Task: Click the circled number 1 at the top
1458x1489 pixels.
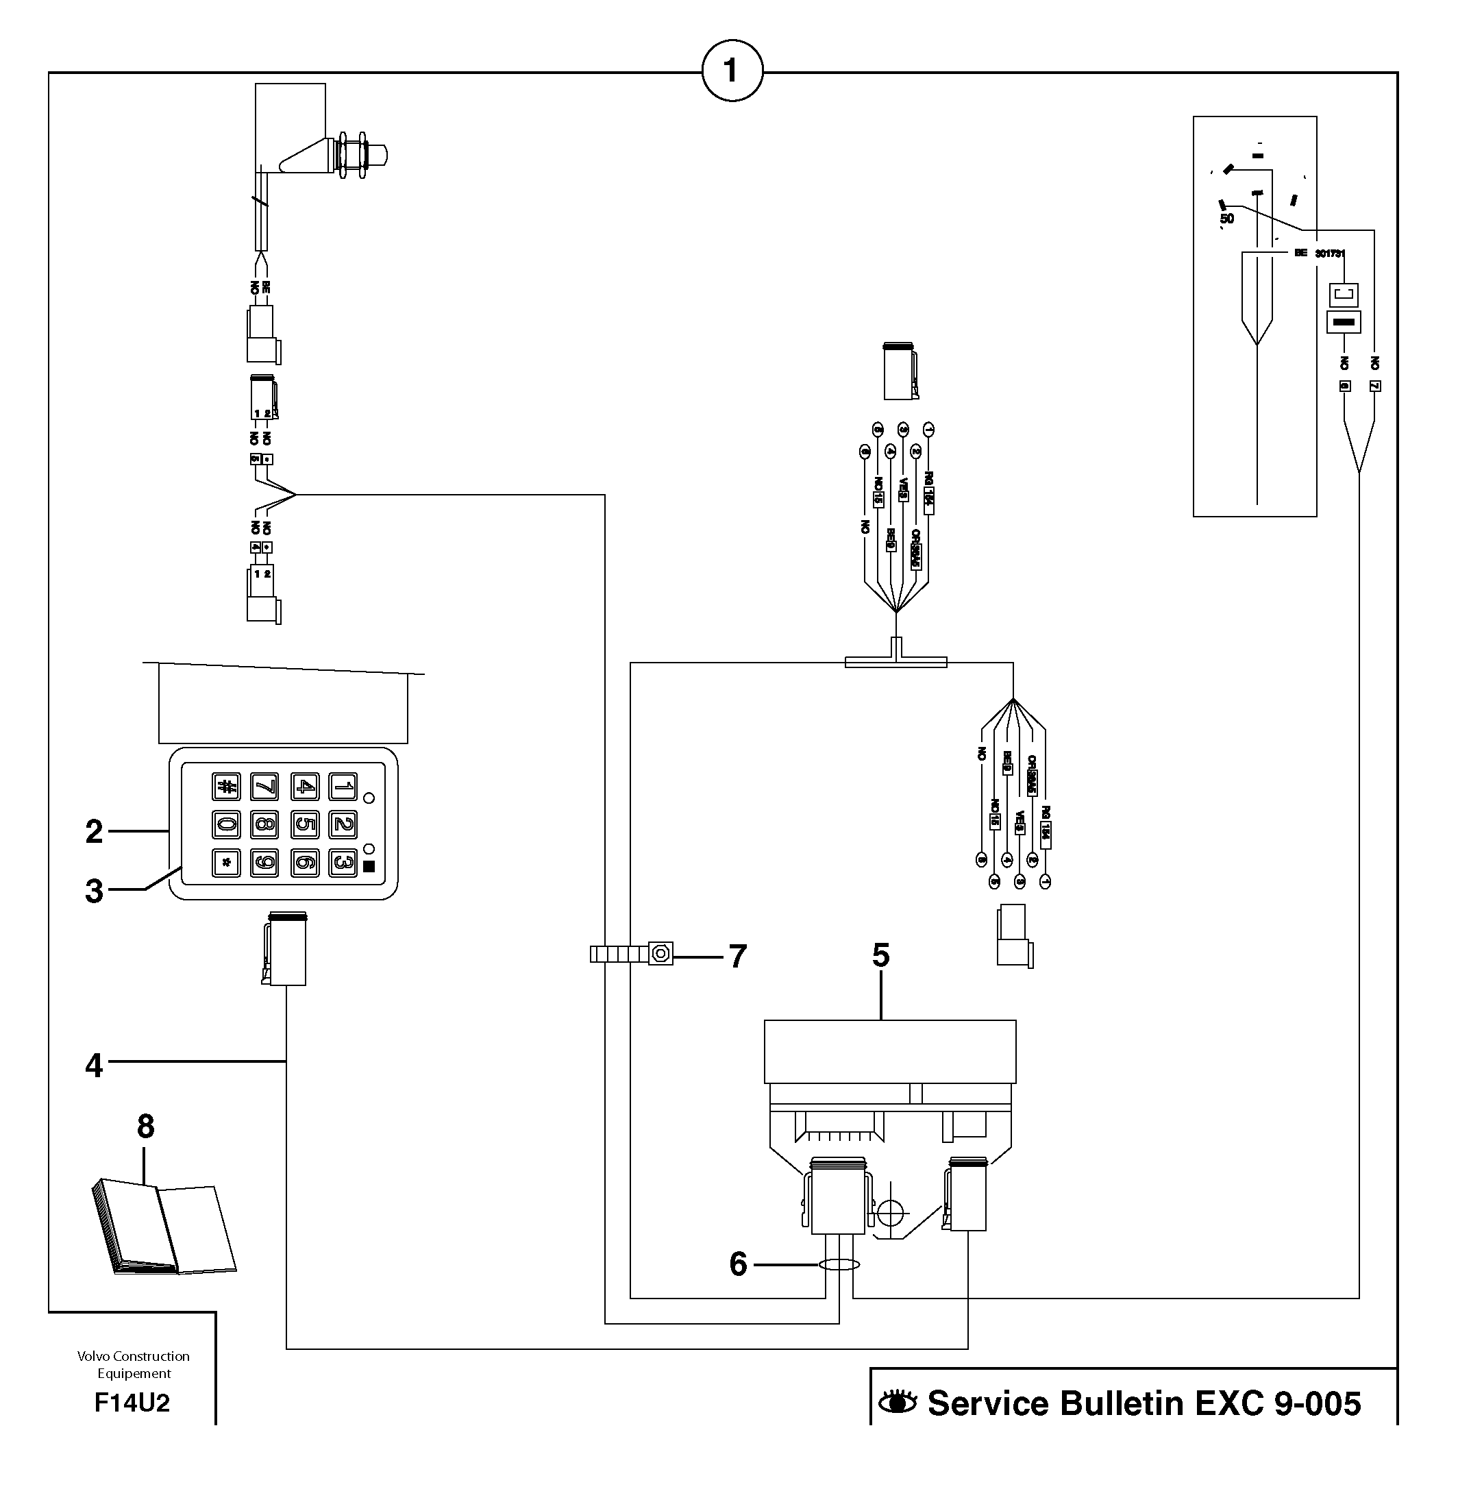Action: [732, 71]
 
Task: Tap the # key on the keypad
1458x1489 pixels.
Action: [226, 786]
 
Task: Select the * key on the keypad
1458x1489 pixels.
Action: [226, 863]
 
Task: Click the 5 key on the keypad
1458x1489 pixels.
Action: [304, 824]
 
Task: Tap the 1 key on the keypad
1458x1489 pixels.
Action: [343, 786]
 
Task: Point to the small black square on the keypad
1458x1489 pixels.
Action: [369, 866]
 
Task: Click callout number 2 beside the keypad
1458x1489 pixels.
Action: [94, 831]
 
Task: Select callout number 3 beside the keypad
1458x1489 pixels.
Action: [94, 891]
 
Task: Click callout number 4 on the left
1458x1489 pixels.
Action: [94, 1066]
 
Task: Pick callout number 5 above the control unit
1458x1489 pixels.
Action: [880, 955]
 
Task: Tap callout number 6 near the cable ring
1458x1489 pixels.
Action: [737, 1264]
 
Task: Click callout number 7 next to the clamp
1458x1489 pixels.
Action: [737, 956]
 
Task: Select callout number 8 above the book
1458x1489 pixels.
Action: [145, 1126]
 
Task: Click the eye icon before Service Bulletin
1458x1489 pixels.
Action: [898, 1403]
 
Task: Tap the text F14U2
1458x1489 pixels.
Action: [132, 1403]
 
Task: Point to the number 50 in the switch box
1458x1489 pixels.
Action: [1226, 219]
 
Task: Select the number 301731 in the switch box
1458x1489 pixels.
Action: [1330, 254]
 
